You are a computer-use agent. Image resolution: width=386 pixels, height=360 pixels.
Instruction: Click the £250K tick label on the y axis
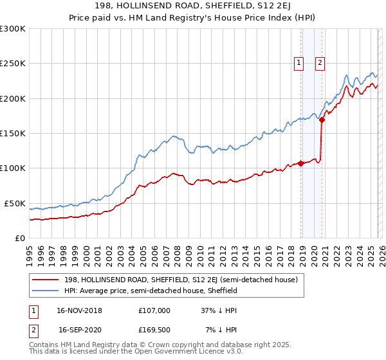pyautogui.click(x=13, y=64)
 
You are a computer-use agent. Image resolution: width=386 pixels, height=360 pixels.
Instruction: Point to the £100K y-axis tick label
pyautogui.click(x=13, y=168)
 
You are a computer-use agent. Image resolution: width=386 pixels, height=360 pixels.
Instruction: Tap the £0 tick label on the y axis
pyautogui.click(x=20, y=238)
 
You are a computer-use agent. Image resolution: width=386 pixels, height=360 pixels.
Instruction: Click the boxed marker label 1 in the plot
pyautogui.click(x=300, y=62)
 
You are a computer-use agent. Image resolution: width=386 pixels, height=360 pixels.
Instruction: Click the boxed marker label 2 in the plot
pyautogui.click(x=320, y=62)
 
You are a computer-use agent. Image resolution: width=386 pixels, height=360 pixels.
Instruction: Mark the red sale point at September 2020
pyautogui.click(x=322, y=120)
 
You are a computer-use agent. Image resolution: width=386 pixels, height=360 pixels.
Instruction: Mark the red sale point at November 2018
pyautogui.click(x=300, y=163)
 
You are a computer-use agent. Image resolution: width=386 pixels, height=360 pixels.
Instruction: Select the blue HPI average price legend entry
pyautogui.click(x=151, y=291)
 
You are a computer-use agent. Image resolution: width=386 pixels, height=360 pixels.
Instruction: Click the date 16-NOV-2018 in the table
pyautogui.click(x=79, y=310)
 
